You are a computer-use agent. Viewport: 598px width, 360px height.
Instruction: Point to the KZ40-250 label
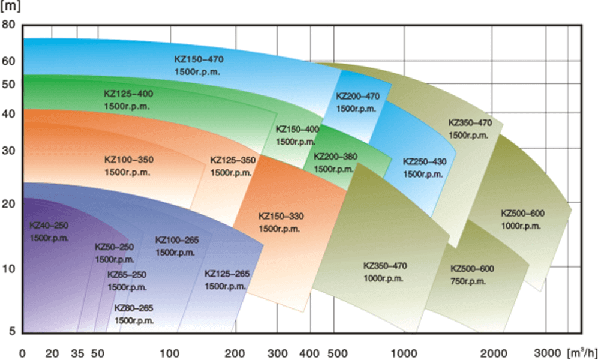(x=49, y=225)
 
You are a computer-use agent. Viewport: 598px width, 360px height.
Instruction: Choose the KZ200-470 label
(x=357, y=96)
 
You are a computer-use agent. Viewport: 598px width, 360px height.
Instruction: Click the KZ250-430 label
(x=425, y=162)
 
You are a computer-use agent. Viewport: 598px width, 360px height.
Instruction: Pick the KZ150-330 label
(x=281, y=216)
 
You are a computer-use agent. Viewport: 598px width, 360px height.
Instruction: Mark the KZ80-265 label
(x=133, y=308)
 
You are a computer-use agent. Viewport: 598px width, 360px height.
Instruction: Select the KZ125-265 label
(x=227, y=274)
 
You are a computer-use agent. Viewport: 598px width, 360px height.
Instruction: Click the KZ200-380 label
(x=335, y=157)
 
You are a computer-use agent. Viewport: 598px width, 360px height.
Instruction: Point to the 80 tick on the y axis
(x=8, y=25)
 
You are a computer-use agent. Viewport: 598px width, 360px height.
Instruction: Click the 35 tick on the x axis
(x=77, y=352)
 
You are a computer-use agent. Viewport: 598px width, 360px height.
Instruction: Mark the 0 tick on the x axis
(x=23, y=352)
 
